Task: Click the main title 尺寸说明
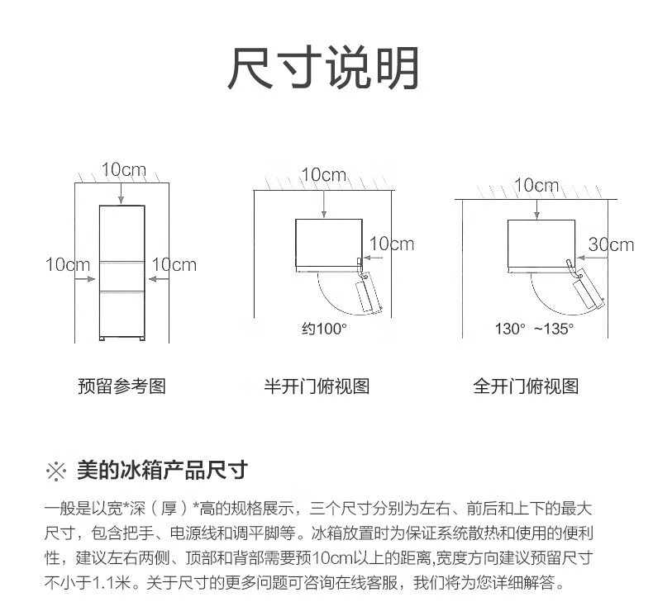point(323,68)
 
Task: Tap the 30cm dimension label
point(611,244)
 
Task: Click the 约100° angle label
point(324,329)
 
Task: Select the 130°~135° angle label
point(534,329)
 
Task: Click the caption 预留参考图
point(122,386)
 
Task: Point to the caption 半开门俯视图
point(317,386)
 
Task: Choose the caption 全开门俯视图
point(526,386)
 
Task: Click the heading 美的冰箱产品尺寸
point(162,471)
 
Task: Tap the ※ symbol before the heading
point(56,471)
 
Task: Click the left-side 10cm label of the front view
point(68,264)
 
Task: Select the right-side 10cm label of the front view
point(174,264)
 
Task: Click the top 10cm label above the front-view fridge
point(124,170)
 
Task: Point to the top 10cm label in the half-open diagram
point(324,175)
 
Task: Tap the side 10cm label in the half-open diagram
point(392,244)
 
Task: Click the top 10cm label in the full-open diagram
point(536,185)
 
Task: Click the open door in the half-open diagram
point(369,292)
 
